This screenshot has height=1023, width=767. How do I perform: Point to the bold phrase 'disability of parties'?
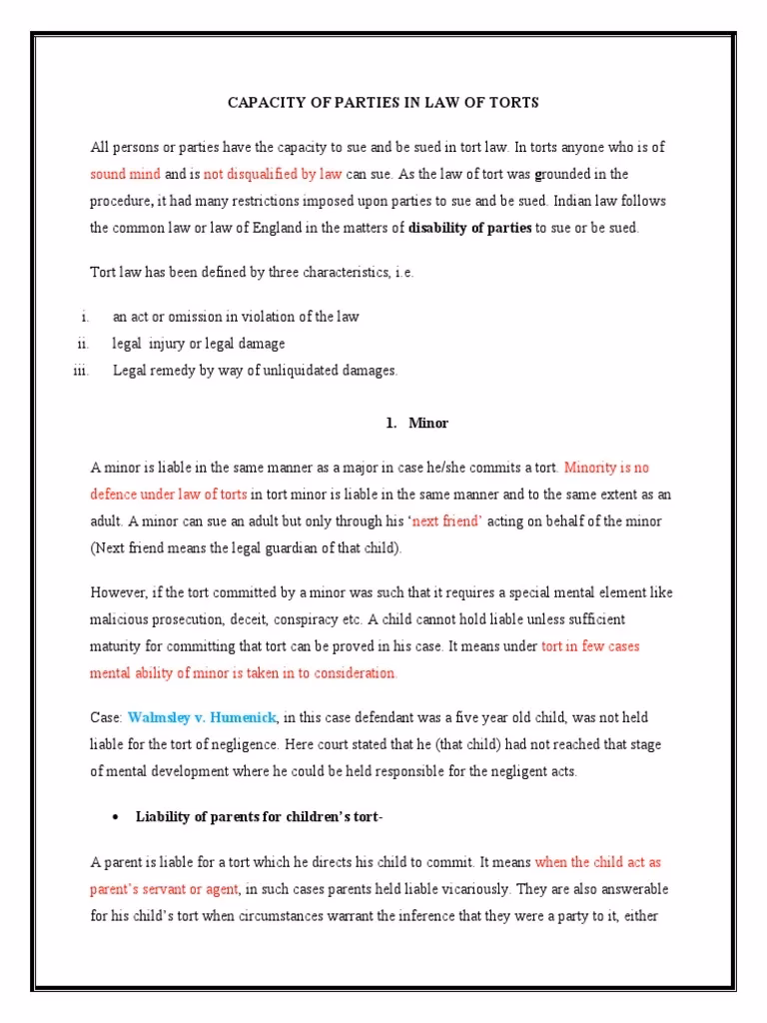click(x=470, y=228)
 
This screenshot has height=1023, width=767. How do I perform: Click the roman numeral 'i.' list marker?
click(x=86, y=317)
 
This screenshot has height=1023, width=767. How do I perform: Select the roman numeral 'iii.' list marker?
click(x=81, y=371)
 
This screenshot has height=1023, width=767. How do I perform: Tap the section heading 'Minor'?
click(x=428, y=424)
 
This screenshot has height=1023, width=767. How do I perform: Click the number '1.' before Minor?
click(x=391, y=424)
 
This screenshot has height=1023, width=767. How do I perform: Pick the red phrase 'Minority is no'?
click(x=607, y=468)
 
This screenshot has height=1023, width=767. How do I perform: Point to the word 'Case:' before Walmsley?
click(x=106, y=718)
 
